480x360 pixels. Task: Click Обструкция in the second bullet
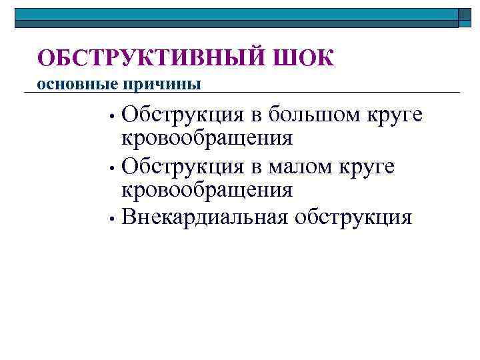point(184,166)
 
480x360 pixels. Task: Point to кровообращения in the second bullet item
point(207,190)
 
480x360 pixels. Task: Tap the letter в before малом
point(257,167)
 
